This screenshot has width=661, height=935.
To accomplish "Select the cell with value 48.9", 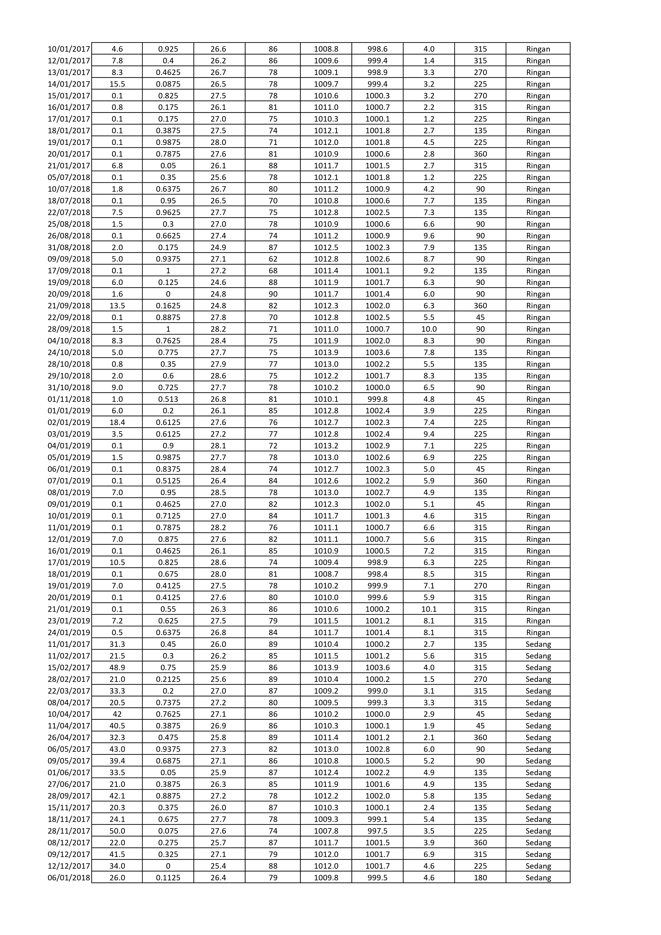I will pyautogui.click(x=117, y=667).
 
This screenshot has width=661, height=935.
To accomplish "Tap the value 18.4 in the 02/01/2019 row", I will pyautogui.click(x=117, y=422).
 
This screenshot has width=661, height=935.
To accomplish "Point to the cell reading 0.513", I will pyautogui.click(x=168, y=399).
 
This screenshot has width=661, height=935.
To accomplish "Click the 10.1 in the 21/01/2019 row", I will pyautogui.click(x=429, y=609).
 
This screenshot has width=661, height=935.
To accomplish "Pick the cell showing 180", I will pyautogui.click(x=480, y=878).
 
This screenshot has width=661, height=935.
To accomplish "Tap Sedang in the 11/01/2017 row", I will pyautogui.click(x=538, y=644).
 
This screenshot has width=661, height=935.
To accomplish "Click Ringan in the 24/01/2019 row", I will pyautogui.click(x=538, y=633).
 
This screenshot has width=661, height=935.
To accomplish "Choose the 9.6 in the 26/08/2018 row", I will pyautogui.click(x=429, y=236).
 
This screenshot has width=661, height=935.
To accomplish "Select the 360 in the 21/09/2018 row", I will pyautogui.click(x=480, y=306).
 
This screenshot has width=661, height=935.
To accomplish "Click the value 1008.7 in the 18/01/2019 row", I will pyautogui.click(x=326, y=574).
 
